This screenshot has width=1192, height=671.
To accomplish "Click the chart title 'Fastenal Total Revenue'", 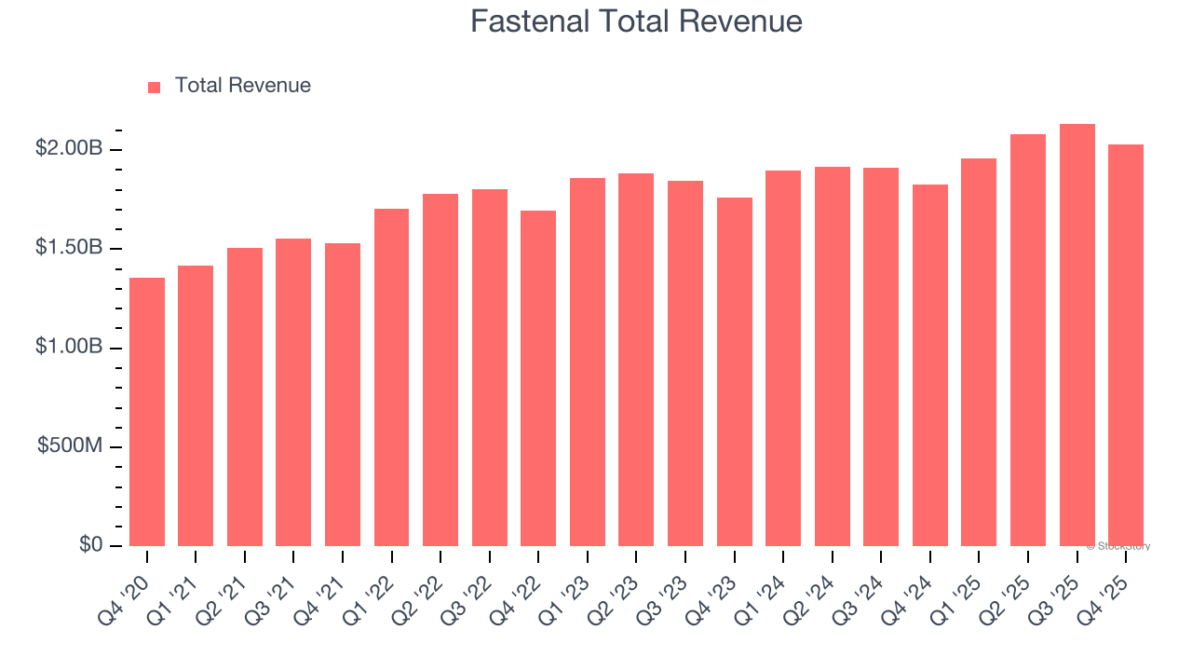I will pyautogui.click(x=636, y=21).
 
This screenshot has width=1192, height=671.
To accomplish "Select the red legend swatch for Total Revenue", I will pyautogui.click(x=155, y=87).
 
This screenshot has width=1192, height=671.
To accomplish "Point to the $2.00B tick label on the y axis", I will pyautogui.click(x=68, y=148).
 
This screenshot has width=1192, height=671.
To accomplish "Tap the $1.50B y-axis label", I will pyautogui.click(x=68, y=248).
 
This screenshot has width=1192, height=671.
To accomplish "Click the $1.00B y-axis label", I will pyautogui.click(x=68, y=347).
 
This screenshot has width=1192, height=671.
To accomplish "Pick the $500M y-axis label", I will pyautogui.click(x=70, y=445).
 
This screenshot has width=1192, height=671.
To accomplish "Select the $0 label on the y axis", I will pyautogui.click(x=89, y=544).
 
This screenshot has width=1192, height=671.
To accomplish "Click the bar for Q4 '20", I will pyautogui.click(x=147, y=412).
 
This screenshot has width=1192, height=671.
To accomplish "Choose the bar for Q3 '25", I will pyautogui.click(x=1077, y=335).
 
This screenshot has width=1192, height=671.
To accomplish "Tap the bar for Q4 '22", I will pyautogui.click(x=538, y=378).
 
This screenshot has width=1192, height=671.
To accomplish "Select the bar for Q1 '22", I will pyautogui.click(x=391, y=377).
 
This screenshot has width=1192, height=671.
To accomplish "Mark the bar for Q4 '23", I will pyautogui.click(x=734, y=372).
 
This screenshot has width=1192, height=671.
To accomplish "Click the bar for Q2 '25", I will pyautogui.click(x=1028, y=340).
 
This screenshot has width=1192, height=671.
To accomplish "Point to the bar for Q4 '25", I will pyautogui.click(x=1126, y=345).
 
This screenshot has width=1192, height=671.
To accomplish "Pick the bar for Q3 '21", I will pyautogui.click(x=293, y=392).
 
